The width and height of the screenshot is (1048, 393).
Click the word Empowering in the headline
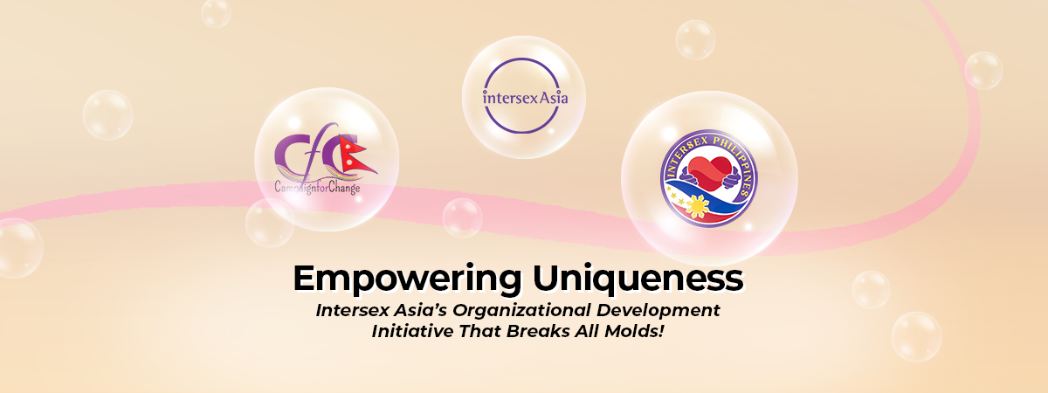coord(407,279)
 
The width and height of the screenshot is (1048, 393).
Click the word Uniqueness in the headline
coord(638,279)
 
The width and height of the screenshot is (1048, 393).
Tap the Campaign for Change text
coord(317,188)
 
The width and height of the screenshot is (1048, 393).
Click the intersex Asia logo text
coord(525,98)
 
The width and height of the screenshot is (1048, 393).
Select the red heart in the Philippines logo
coord(709,173)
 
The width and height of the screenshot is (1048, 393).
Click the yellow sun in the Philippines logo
coord(697,206)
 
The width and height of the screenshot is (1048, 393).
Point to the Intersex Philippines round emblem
coord(709,178)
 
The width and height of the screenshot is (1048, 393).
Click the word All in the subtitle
coord(587,331)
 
